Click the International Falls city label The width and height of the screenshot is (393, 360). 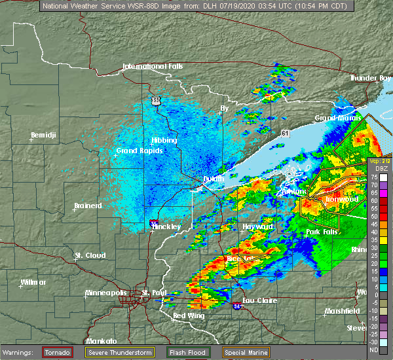pyautogui.click(x=153, y=67)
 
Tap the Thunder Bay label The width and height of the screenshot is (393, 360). pyautogui.click(x=371, y=78)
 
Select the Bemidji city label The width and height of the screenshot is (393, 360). pyautogui.click(x=45, y=136)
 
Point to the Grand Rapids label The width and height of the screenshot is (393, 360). pyautogui.click(x=140, y=151)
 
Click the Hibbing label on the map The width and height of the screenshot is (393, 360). pyautogui.click(x=164, y=140)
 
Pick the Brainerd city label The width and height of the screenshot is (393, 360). pyautogui.click(x=88, y=206)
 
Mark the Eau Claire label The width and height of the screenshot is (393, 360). pyautogui.click(x=259, y=300)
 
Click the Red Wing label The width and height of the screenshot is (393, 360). pyautogui.click(x=188, y=316)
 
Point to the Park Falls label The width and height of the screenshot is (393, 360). pyautogui.click(x=322, y=232)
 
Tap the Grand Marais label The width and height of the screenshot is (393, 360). pyautogui.click(x=337, y=118)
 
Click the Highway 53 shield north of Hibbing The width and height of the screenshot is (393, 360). pyautogui.click(x=155, y=100)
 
